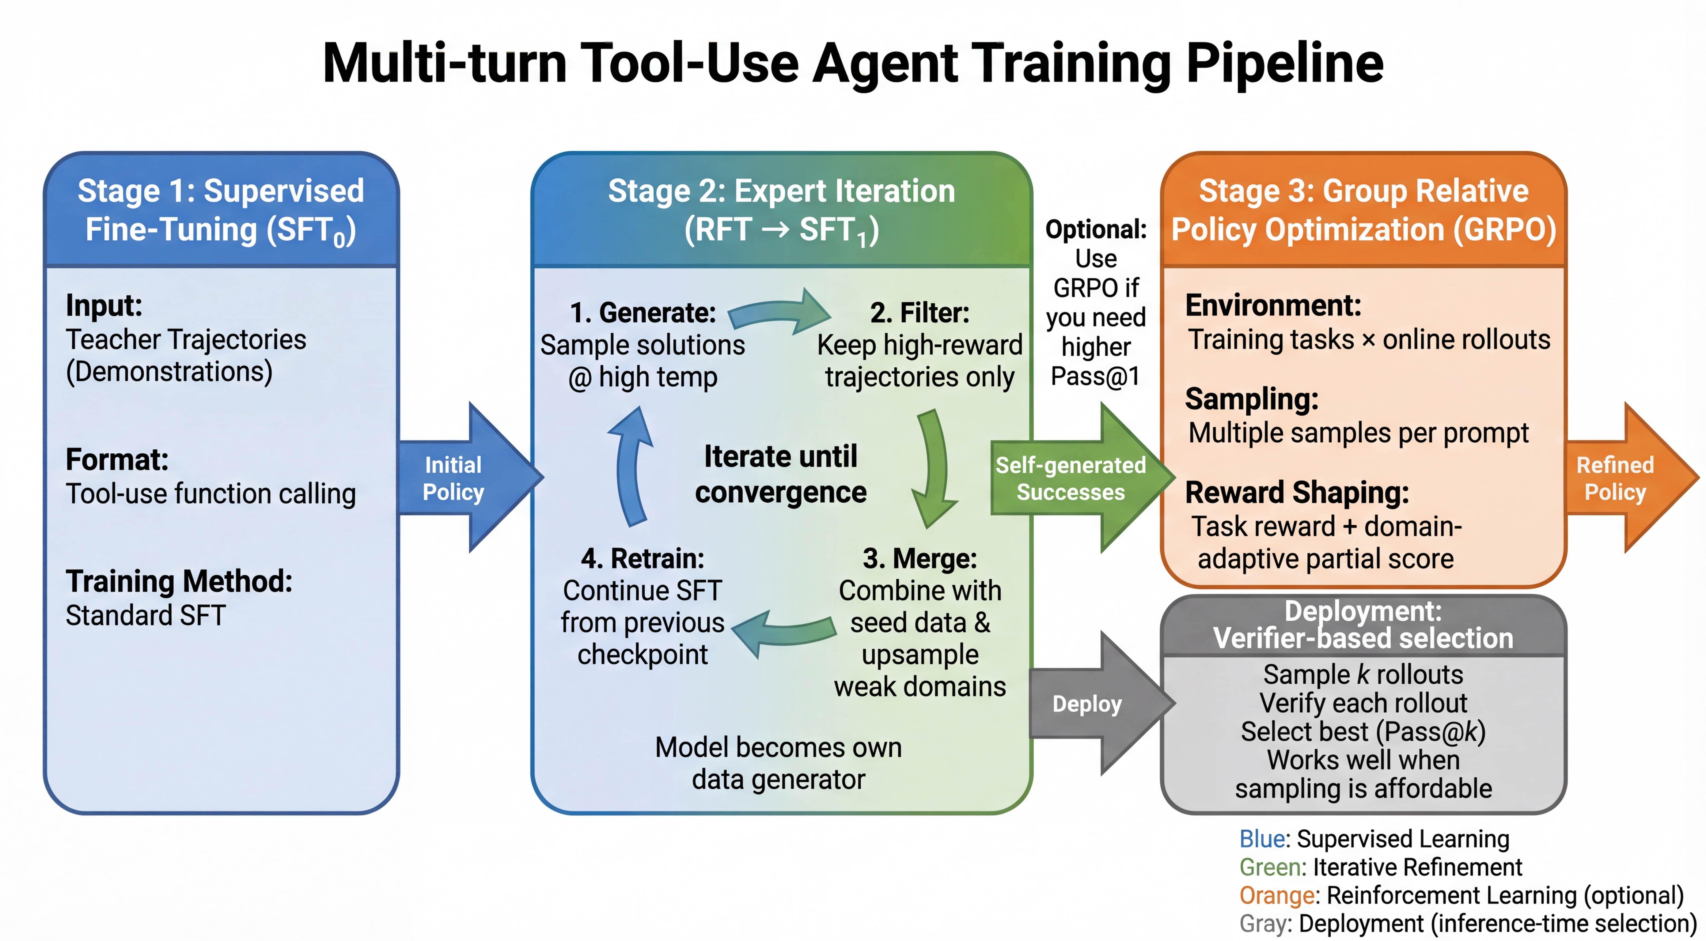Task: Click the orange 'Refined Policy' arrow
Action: click(x=1623, y=478)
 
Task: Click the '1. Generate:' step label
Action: click(x=643, y=312)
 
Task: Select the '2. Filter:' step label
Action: click(x=919, y=312)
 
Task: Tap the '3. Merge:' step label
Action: click(x=919, y=558)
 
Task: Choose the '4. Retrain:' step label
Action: click(x=643, y=558)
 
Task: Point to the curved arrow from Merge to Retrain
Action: click(x=782, y=633)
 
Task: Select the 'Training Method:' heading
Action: click(x=179, y=581)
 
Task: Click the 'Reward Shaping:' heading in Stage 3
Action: click(x=1297, y=492)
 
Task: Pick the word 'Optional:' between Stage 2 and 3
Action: click(x=1096, y=229)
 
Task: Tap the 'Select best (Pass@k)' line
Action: click(x=1363, y=731)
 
